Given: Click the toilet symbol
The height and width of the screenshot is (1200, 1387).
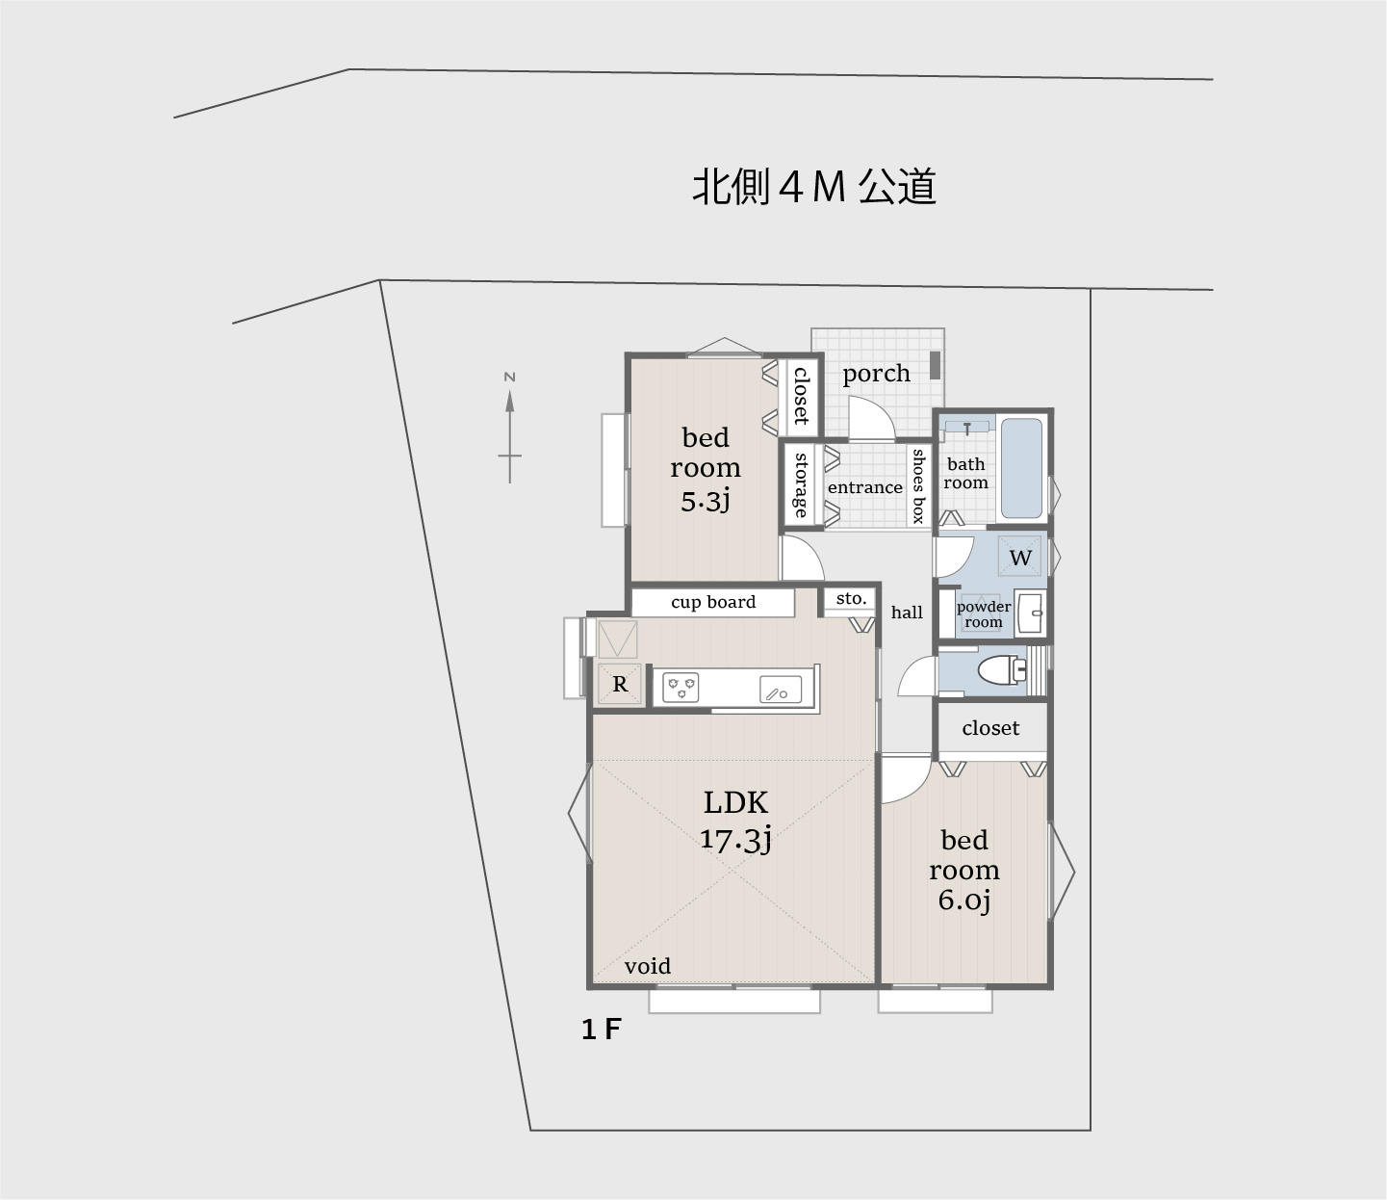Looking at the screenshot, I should click(998, 670).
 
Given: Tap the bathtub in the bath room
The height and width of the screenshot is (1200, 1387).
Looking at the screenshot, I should click(1021, 468).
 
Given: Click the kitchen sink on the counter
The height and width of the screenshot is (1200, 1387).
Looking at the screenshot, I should click(781, 690).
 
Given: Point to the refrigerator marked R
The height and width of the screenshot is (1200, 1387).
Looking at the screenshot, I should click(620, 685).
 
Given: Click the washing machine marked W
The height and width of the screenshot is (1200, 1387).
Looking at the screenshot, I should click(1020, 557).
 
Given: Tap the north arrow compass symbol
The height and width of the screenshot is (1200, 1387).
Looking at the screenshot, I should click(509, 428).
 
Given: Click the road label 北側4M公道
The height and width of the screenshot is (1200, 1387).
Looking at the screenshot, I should click(814, 187).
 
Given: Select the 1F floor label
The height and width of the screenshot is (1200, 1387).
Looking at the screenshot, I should click(601, 1030).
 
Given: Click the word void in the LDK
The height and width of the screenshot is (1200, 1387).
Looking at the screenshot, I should click(647, 966).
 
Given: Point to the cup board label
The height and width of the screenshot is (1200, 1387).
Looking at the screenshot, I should click(713, 602).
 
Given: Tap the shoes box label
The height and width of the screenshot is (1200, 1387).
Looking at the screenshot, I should click(918, 486).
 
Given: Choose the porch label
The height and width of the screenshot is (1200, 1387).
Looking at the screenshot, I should click(876, 374).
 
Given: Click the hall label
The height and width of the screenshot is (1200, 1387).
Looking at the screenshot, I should click(907, 613).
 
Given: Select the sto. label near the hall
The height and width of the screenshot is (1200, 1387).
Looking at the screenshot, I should click(851, 599).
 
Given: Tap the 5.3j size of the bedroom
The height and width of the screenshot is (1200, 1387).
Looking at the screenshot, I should click(706, 501).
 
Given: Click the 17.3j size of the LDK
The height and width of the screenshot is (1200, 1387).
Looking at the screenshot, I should click(735, 839).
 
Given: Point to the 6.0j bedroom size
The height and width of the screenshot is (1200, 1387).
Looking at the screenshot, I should click(963, 900).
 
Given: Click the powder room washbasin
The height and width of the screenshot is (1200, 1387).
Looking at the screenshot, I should click(1033, 612).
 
